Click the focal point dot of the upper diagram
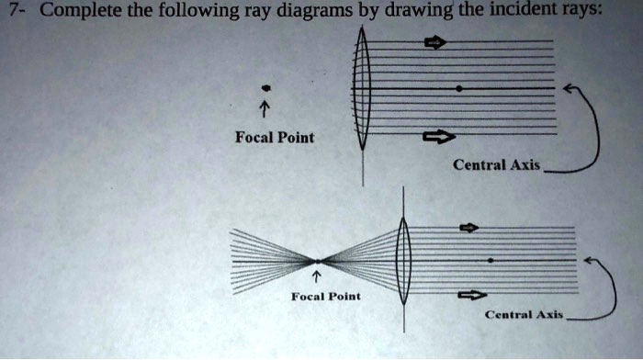pyautogui.click(x=265, y=87)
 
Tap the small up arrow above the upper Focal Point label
pyautogui.click(x=265, y=108)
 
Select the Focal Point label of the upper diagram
pyautogui.click(x=274, y=138)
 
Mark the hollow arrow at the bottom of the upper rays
pyautogui.click(x=438, y=138)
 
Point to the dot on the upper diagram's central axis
pyautogui.click(x=458, y=87)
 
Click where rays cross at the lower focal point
pyautogui.click(x=316, y=261)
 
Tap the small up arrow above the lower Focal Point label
pyautogui.click(x=316, y=276)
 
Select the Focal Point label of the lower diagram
pyautogui.click(x=325, y=297)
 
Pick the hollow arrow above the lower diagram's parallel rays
pyautogui.click(x=469, y=227)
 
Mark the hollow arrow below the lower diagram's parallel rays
pyautogui.click(x=470, y=295)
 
